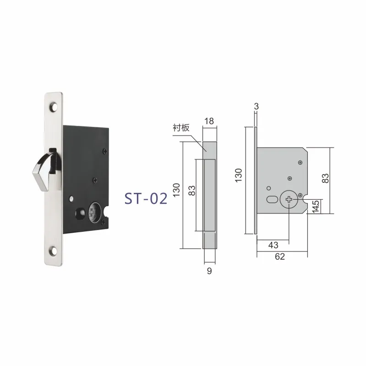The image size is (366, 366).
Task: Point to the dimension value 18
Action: point(209,121)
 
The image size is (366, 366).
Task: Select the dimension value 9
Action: point(209,271)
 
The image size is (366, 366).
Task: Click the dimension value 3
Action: point(256,106)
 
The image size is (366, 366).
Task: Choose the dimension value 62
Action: point(280,257)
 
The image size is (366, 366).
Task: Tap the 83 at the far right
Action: point(326,177)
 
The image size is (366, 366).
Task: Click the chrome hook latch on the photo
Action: point(45,170)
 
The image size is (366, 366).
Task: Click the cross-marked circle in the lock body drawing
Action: point(290,199)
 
